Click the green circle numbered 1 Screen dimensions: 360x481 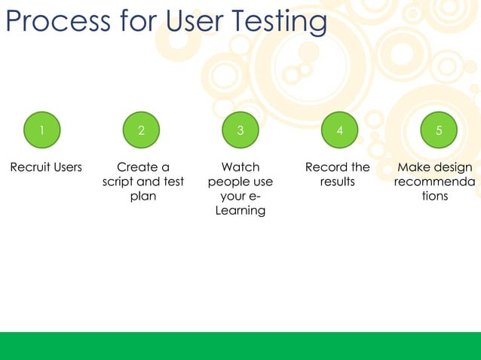point(41,130)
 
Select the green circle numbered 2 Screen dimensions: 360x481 point(141,130)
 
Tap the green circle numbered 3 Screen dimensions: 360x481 point(240,130)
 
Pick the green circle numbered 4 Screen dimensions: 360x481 point(339,130)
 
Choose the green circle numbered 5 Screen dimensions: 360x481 point(439,130)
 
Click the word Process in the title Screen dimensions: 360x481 point(56,21)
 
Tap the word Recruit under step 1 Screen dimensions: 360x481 point(29,167)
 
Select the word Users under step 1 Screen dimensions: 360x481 point(68,167)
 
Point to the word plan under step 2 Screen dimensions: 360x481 point(142,197)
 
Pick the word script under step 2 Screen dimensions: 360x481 point(118,182)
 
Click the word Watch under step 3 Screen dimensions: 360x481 point(240,167)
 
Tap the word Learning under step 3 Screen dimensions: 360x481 point(240,211)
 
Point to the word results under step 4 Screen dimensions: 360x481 point(337,182)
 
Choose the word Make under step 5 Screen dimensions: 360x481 point(413,167)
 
